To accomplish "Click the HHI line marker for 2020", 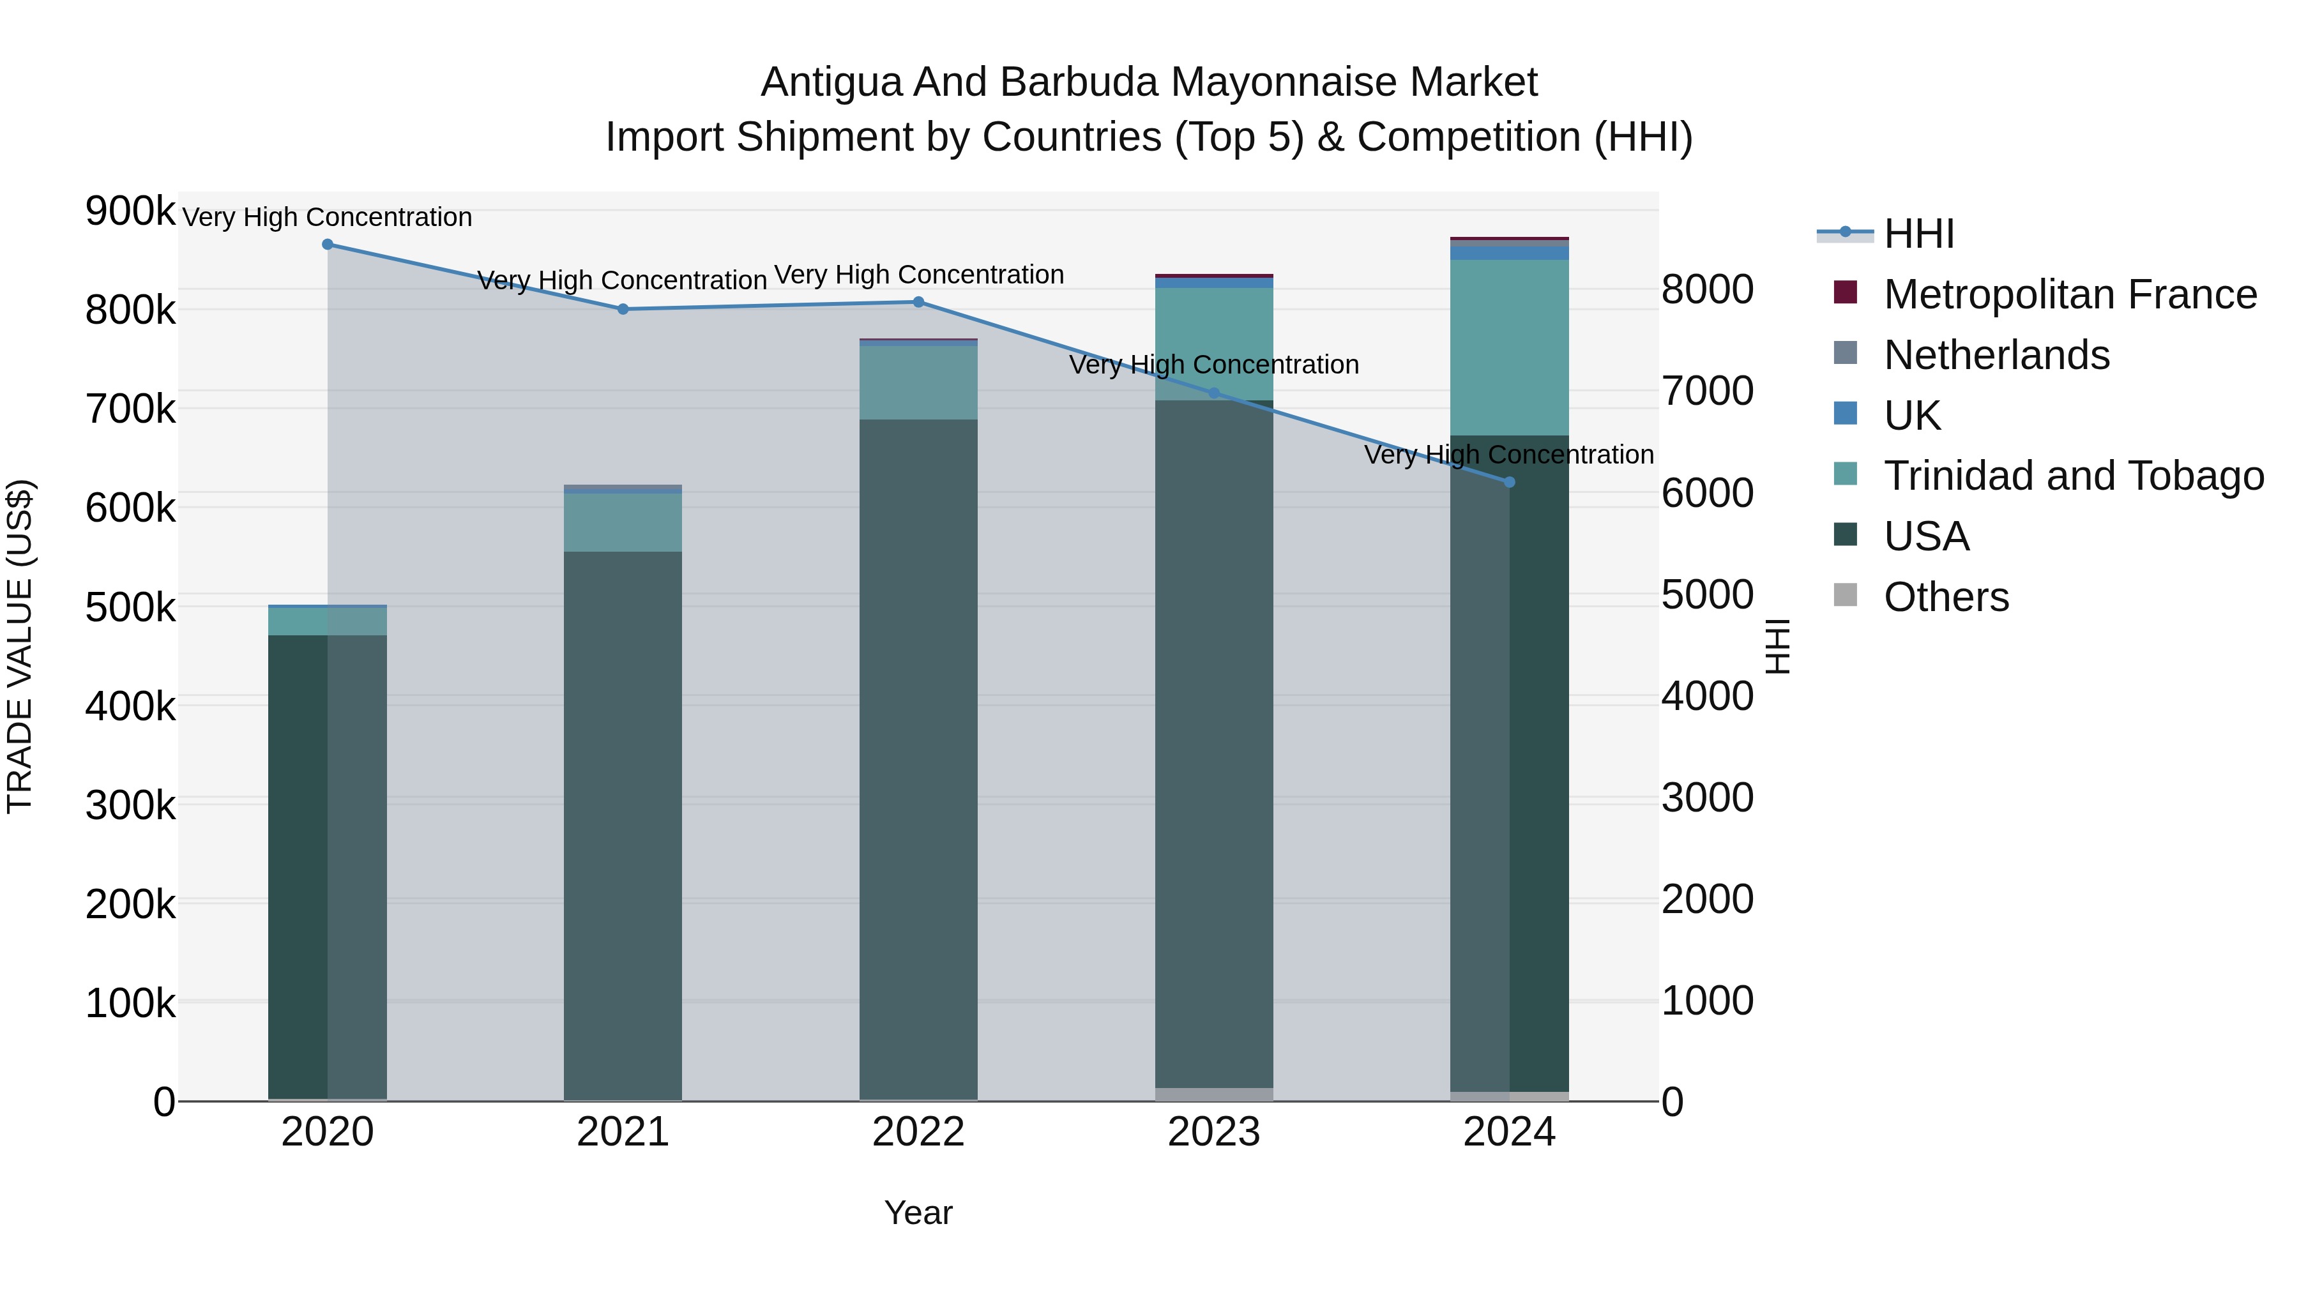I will point(328,245).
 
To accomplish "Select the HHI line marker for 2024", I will point(1509,483).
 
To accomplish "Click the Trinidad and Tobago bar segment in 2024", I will point(1509,347).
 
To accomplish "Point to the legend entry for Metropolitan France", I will point(2070,294).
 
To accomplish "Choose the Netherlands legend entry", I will point(1996,355).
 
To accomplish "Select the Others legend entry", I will point(1946,597).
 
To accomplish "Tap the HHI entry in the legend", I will point(1919,234).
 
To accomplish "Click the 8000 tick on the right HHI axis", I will point(1707,290).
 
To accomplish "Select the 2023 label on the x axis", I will point(1214,1132).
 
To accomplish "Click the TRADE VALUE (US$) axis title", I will point(20,646).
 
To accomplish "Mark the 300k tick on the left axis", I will point(130,806).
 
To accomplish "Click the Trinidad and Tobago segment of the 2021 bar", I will point(623,522).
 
